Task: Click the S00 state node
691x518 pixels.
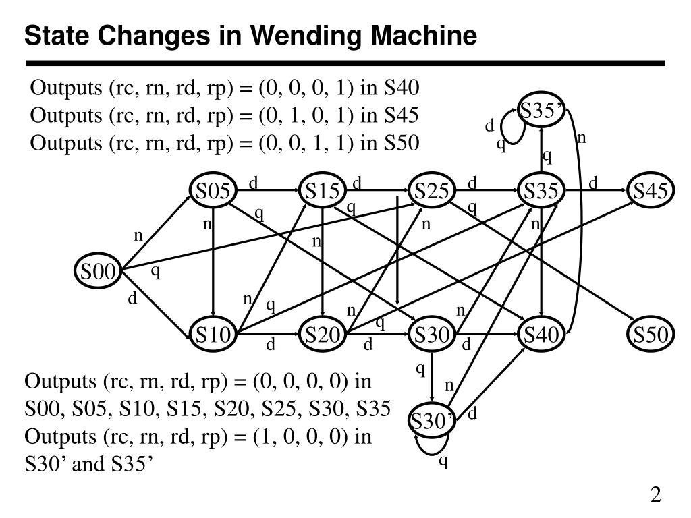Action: pyautogui.click(x=98, y=270)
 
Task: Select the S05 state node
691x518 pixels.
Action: pyautogui.click(x=213, y=190)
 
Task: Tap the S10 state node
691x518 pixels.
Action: pyautogui.click(x=213, y=334)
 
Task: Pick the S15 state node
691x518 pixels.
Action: pyautogui.click(x=323, y=190)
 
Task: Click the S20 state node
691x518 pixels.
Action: pyautogui.click(x=323, y=334)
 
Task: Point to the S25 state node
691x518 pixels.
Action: pyautogui.click(x=432, y=190)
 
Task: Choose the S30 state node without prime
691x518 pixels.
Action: pyautogui.click(x=432, y=334)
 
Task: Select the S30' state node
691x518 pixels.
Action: pyautogui.click(x=431, y=420)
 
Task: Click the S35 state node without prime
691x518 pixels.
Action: pyautogui.click(x=541, y=190)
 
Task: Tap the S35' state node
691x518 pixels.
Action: pyautogui.click(x=541, y=110)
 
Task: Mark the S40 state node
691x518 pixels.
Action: pyautogui.click(x=541, y=334)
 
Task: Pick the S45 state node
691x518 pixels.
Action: pyautogui.click(x=651, y=190)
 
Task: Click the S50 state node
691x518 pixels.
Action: pyautogui.click(x=651, y=334)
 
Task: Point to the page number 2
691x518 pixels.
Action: pyautogui.click(x=656, y=494)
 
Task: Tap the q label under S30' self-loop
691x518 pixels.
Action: pyautogui.click(x=443, y=461)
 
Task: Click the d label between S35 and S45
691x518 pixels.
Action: pyautogui.click(x=593, y=182)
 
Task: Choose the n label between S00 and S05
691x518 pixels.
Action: pyautogui.click(x=138, y=236)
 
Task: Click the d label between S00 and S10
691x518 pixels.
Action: pyautogui.click(x=132, y=298)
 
